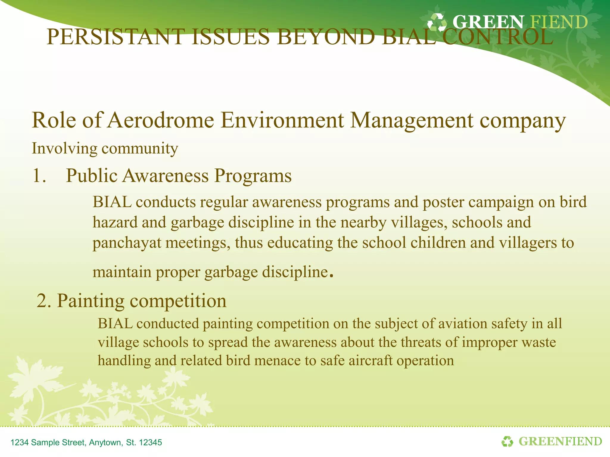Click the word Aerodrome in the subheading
click(161, 120)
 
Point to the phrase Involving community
click(105, 148)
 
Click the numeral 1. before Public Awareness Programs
click(39, 176)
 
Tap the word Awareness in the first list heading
click(166, 176)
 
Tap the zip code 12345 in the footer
click(150, 442)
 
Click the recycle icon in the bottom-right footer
click(507, 442)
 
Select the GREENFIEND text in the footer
click(560, 442)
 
